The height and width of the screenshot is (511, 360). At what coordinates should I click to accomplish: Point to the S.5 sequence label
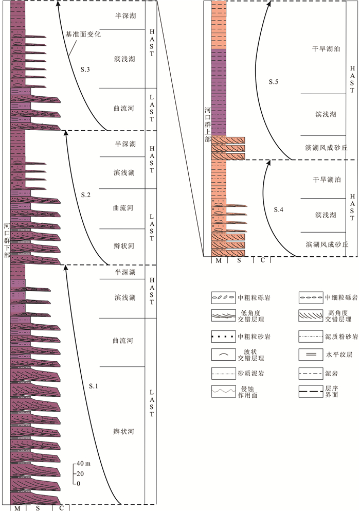[x=275, y=81]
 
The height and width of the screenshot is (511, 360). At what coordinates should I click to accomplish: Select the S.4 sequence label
[x=278, y=209]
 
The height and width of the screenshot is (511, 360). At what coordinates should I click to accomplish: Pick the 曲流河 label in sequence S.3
[x=124, y=109]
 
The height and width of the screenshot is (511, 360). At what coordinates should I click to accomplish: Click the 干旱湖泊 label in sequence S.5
[x=328, y=49]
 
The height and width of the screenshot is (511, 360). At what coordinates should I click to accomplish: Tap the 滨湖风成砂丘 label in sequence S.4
[x=327, y=244]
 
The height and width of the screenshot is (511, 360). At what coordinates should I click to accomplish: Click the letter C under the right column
[x=263, y=260]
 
